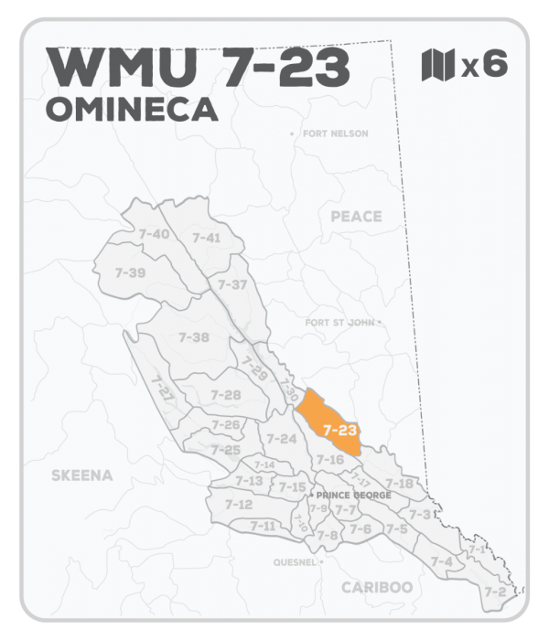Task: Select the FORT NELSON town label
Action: pyautogui.click(x=335, y=133)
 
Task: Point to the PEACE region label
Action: pyautogui.click(x=355, y=217)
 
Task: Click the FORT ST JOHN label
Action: pyautogui.click(x=340, y=323)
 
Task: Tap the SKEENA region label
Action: pyautogui.click(x=82, y=475)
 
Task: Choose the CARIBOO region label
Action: pyautogui.click(x=376, y=587)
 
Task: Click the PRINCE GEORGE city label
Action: pyautogui.click(x=354, y=496)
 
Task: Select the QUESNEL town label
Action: pyautogui.click(x=294, y=562)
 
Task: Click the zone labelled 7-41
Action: pyautogui.click(x=206, y=238)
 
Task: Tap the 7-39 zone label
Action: pyautogui.click(x=130, y=272)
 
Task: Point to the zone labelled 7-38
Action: pyautogui.click(x=194, y=337)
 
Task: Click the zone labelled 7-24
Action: pyautogui.click(x=281, y=439)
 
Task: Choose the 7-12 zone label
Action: pyautogui.click(x=238, y=505)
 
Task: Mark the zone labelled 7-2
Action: pyautogui.click(x=495, y=592)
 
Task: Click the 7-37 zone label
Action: pyautogui.click(x=232, y=284)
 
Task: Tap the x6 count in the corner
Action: pyautogui.click(x=484, y=65)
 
